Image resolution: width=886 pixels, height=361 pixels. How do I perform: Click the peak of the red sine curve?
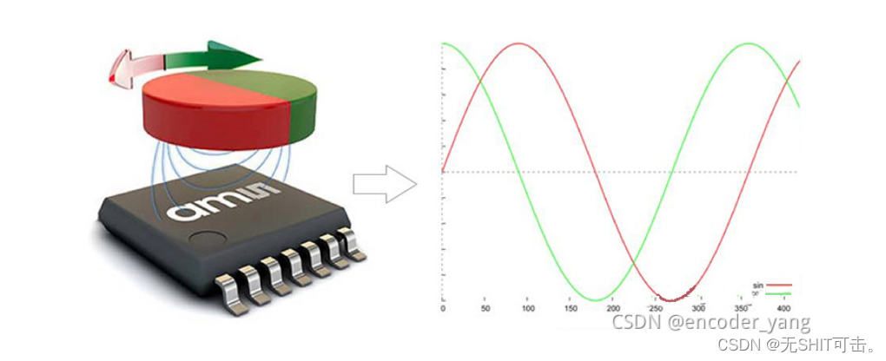tap(519, 43)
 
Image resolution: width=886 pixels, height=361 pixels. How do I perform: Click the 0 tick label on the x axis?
tap(443, 309)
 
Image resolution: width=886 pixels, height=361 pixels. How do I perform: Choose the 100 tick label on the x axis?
tap(527, 309)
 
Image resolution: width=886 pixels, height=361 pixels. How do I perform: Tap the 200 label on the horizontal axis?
tap(612, 309)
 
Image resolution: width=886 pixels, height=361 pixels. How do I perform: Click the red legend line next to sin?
tap(778, 285)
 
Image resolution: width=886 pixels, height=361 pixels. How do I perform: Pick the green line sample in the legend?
tap(778, 293)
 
